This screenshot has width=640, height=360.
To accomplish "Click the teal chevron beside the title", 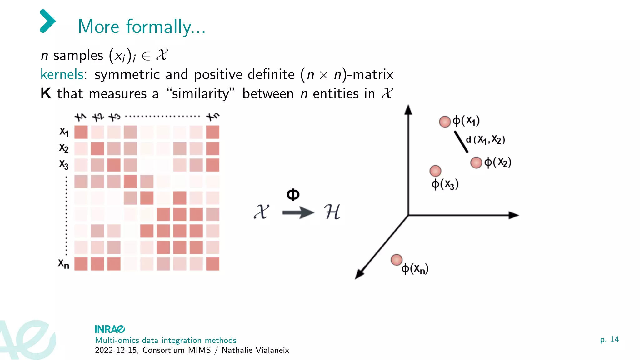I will tap(48, 21).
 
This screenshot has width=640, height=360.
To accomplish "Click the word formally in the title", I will tap(158, 27).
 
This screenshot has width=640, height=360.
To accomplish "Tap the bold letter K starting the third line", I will tap(46, 93).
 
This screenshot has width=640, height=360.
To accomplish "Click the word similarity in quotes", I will tap(200, 93).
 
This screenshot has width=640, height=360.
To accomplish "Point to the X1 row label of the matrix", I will tap(64, 132).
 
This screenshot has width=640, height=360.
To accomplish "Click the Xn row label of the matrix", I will tap(64, 264).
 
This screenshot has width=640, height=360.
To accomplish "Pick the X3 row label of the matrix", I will tap(64, 164).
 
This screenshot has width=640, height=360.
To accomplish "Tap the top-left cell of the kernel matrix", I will tap(81, 132).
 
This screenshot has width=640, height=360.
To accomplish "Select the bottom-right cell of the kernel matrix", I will tap(213, 264).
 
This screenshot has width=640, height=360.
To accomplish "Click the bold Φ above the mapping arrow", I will tap(293, 195).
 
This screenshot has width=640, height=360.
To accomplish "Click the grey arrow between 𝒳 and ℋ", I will tap(298, 213).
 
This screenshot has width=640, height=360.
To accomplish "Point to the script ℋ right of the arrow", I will tap(332, 212).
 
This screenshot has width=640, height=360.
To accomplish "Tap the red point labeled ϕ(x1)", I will tap(445, 122).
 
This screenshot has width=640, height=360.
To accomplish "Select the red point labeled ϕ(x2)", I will tap(476, 162).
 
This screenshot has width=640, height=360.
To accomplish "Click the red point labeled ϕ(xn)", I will tap(397, 260).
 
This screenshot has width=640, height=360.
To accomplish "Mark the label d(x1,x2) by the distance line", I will tap(485, 139).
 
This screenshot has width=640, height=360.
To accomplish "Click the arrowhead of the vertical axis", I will tap(408, 110).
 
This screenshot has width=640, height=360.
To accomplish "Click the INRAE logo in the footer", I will tap(110, 329).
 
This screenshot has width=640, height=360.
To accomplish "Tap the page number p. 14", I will tap(609, 339).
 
